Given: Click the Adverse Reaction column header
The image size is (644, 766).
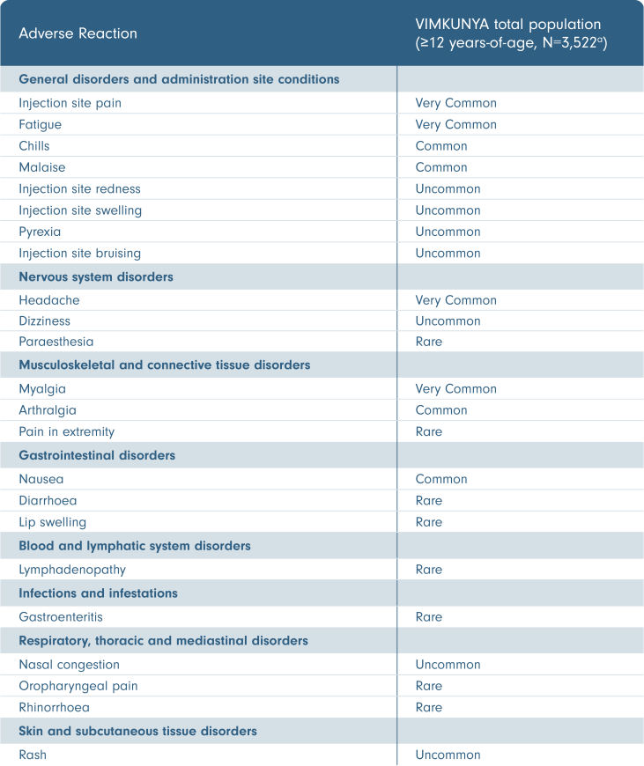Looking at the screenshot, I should click(x=78, y=34).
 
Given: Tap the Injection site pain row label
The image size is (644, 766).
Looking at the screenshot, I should click(x=70, y=103).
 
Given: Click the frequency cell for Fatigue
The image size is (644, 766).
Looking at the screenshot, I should click(x=455, y=124).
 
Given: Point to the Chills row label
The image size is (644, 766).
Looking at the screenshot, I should click(x=34, y=146).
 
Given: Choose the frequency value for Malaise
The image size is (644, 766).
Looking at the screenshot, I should click(x=441, y=167).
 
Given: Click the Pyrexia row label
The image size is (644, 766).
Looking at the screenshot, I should click(x=41, y=232).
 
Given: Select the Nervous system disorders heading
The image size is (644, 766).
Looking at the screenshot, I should click(x=96, y=276).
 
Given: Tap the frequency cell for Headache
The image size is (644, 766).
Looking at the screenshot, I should click(x=455, y=300).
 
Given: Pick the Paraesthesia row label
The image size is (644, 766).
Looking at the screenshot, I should click(x=56, y=342).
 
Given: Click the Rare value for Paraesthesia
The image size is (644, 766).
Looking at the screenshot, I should click(x=429, y=342).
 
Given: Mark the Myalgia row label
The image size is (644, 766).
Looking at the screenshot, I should click(x=42, y=389).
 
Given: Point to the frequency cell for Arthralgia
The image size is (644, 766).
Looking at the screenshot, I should click(x=441, y=410).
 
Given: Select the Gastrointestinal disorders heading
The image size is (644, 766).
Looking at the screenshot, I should click(x=97, y=455).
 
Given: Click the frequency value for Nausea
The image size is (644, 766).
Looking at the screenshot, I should click(x=441, y=480).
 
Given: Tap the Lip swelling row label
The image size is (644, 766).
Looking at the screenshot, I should click(x=53, y=522).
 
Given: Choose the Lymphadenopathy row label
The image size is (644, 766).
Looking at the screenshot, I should click(x=72, y=570).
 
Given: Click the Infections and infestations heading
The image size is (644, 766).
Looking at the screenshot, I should click(x=98, y=593).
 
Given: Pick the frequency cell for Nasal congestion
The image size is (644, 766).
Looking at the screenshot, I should click(x=448, y=665).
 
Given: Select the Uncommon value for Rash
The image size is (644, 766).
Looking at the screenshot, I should click(x=448, y=755).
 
